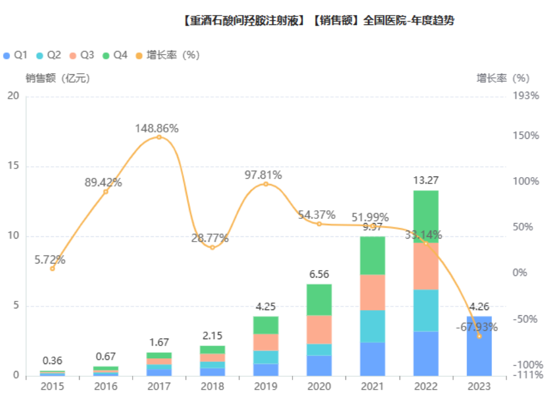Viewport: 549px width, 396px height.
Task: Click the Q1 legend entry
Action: (x=15, y=55)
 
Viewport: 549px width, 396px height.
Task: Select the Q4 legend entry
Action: (x=114, y=55)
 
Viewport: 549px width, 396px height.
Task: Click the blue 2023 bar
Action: (x=479, y=346)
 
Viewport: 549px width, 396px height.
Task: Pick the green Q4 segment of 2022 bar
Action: (x=426, y=217)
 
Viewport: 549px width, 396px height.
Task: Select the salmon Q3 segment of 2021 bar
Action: (x=372, y=292)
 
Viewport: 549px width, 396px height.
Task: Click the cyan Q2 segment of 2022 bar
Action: (x=426, y=310)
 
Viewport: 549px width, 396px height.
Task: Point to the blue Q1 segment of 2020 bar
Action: (x=319, y=366)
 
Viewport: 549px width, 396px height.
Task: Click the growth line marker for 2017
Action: (x=159, y=137)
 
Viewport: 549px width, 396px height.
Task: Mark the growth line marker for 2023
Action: (x=479, y=336)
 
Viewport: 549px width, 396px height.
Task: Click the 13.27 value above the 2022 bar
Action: (x=426, y=180)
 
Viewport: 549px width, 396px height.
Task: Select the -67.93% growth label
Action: (x=477, y=327)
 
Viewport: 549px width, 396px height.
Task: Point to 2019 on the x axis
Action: (x=265, y=386)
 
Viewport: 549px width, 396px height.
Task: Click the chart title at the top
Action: (x=318, y=21)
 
